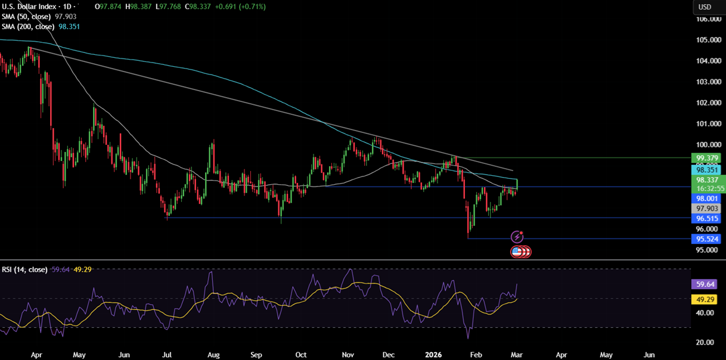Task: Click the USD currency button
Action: pos(705,7)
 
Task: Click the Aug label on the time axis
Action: pos(213,354)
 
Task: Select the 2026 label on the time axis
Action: pos(433,354)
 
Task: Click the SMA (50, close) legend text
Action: pos(27,17)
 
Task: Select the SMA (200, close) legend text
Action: pos(29,27)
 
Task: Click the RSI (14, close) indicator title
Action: pos(24,269)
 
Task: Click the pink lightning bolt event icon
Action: pos(517,237)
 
